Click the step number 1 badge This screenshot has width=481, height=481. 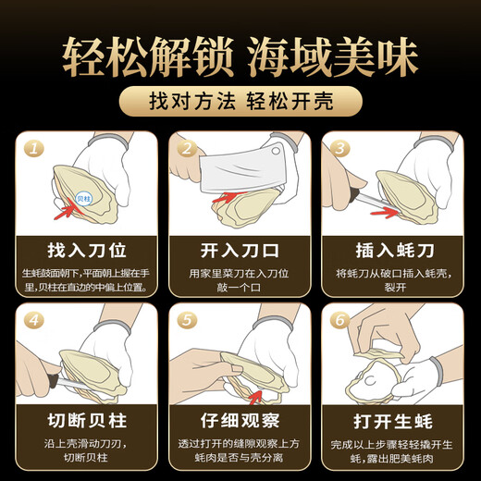pyautogui.click(x=32, y=147)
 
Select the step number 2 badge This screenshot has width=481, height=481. pyautogui.click(x=185, y=147)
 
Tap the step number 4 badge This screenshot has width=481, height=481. pyautogui.click(x=32, y=321)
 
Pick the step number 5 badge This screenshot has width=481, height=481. pyautogui.click(x=185, y=321)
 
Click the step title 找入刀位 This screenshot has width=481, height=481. pyautogui.click(x=86, y=250)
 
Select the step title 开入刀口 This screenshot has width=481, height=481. pyautogui.click(x=240, y=250)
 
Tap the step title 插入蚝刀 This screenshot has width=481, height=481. pyautogui.click(x=393, y=250)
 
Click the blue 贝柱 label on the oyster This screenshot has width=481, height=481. pyautogui.click(x=84, y=197)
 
